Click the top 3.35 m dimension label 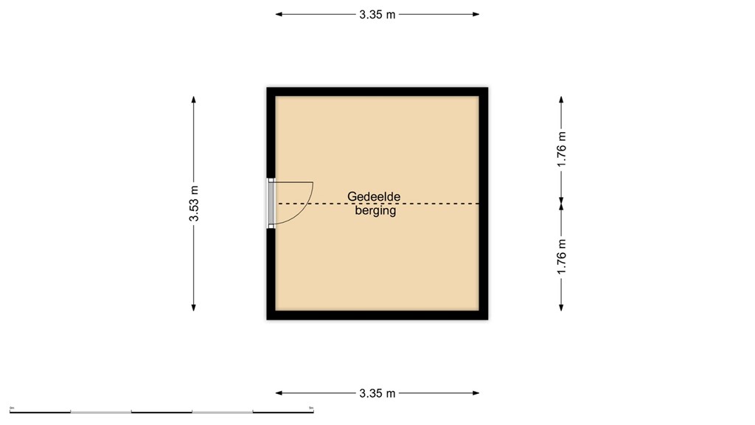pyautogui.click(x=377, y=14)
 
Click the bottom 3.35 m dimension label pyautogui.click(x=377, y=393)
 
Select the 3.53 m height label pyautogui.click(x=194, y=203)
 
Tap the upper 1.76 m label pyautogui.click(x=562, y=150)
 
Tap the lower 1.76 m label pyautogui.click(x=562, y=258)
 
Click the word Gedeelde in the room pyautogui.click(x=375, y=197)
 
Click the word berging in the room pyautogui.click(x=375, y=211)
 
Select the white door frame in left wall pyautogui.click(x=271, y=203)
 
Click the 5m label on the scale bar pyautogui.click(x=311, y=407)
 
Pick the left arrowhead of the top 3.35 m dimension pyautogui.click(x=279, y=14)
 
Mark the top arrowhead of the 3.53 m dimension pyautogui.click(x=194, y=99)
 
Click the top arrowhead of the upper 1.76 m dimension pyautogui.click(x=562, y=99)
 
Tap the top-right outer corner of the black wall pyautogui.click(x=487, y=88)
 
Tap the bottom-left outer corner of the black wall pyautogui.click(x=267, y=319)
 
